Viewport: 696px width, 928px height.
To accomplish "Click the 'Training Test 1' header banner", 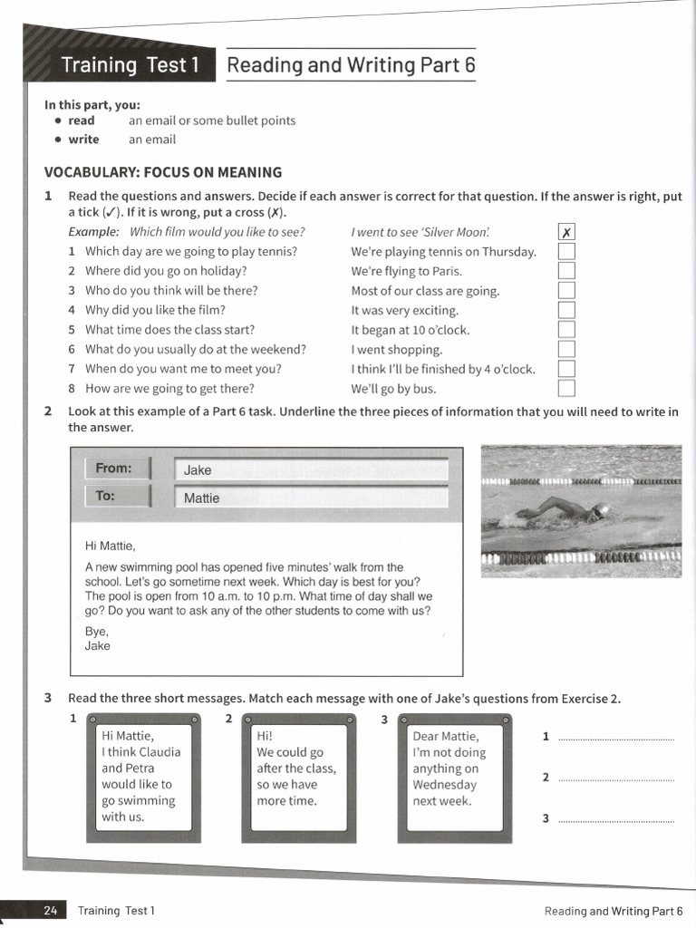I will [x=128, y=65].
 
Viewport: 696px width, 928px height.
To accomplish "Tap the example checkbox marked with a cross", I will [x=566, y=233].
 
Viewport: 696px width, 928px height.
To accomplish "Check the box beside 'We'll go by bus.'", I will [x=566, y=389].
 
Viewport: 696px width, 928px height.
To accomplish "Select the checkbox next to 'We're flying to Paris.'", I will [x=566, y=271].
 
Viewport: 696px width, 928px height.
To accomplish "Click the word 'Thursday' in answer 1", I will [x=509, y=252].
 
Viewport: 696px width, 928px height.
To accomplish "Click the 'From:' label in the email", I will [x=114, y=469].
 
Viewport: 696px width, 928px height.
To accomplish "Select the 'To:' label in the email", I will [x=105, y=496].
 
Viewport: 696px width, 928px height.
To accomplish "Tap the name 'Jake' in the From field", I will [x=198, y=470].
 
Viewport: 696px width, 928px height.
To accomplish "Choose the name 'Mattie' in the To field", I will [x=201, y=498].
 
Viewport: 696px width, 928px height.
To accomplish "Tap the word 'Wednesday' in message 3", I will [x=444, y=785].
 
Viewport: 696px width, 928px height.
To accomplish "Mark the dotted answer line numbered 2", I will [x=616, y=778].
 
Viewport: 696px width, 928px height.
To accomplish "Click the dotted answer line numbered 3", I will [x=616, y=820].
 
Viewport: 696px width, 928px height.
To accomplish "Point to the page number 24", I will [x=51, y=911].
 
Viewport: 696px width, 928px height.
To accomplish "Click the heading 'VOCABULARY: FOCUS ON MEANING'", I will [x=163, y=172].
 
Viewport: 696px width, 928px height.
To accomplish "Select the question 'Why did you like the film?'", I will [x=155, y=310].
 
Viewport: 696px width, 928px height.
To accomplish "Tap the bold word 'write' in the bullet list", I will [x=83, y=140].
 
